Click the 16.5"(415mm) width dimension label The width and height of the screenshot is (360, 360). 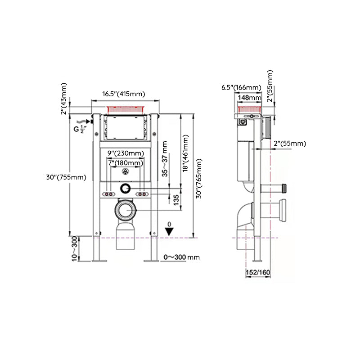click(123, 94)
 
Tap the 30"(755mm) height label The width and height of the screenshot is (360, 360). click(66, 177)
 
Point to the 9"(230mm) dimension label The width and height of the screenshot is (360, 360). click(126, 153)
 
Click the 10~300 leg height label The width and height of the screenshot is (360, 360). click(75, 249)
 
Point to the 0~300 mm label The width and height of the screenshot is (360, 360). click(181, 257)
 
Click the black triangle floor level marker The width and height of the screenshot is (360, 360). click(169, 231)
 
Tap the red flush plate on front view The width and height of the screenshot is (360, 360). click(126, 109)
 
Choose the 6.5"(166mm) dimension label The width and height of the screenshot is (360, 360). click(241, 87)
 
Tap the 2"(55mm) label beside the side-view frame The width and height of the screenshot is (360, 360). click(290, 144)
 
